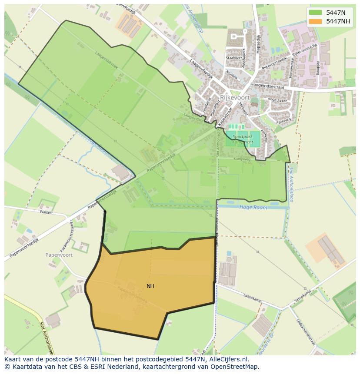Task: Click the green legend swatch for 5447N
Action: (x=316, y=13)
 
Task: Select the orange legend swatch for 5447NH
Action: (x=316, y=21)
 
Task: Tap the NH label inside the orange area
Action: (x=150, y=286)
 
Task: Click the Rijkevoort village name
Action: (x=235, y=98)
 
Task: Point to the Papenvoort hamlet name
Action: (x=59, y=255)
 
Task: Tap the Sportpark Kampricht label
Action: (x=243, y=139)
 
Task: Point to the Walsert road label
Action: (x=46, y=213)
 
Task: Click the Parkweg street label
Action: (x=283, y=120)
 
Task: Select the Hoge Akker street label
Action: (x=278, y=100)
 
